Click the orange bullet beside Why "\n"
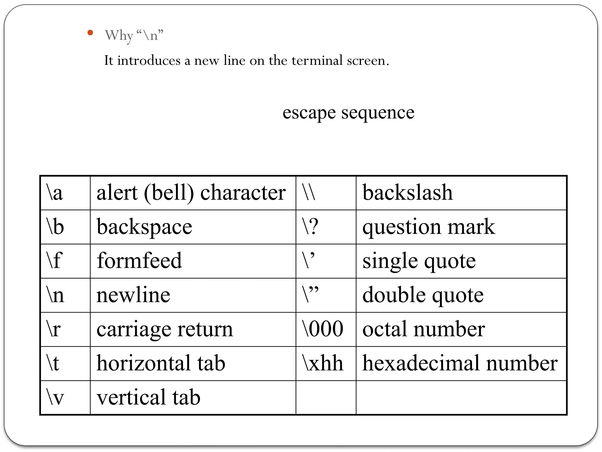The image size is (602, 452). [90, 33]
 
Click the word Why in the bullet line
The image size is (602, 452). [119, 36]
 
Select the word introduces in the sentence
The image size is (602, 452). [149, 60]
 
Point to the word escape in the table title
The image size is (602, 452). [309, 113]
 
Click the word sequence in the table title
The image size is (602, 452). [378, 113]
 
